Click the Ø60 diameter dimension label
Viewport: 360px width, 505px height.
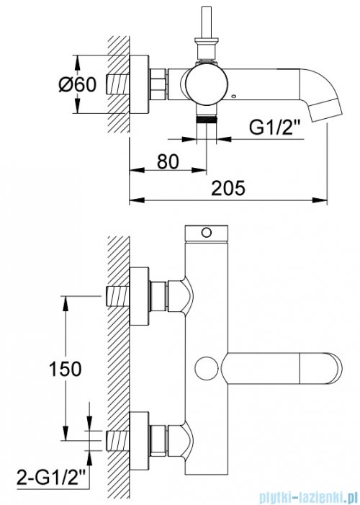78,85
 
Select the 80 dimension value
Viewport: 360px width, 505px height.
168,161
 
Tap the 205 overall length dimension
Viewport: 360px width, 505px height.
228,188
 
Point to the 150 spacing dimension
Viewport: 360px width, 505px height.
65,369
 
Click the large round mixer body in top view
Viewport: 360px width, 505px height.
207,84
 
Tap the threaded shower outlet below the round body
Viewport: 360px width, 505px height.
207,120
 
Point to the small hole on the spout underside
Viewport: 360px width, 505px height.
234,96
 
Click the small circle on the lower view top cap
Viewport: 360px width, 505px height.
206,232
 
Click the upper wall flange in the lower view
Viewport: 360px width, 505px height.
139,296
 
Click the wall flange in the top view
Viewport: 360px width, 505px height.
139,84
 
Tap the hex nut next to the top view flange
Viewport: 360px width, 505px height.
158,84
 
